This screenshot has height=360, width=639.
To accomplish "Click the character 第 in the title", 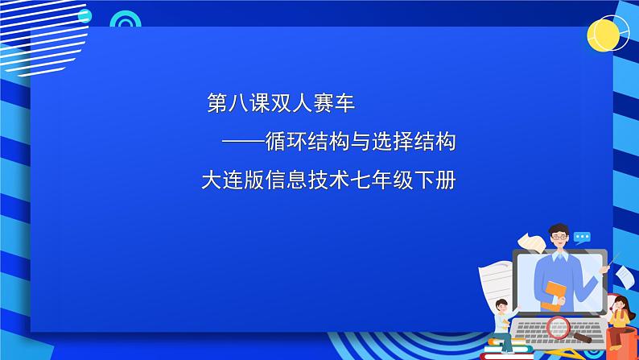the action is [216, 103].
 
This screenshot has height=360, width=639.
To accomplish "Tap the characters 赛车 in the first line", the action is [334, 103].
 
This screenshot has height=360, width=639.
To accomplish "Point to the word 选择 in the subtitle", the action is [393, 142].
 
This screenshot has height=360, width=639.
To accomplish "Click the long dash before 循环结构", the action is [243, 143].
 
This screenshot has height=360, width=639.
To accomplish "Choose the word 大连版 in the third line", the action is [233, 180].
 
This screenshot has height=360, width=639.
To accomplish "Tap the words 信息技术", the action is [307, 180].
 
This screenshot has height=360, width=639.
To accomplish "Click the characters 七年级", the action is [381, 180].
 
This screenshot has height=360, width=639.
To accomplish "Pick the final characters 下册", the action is [435, 180].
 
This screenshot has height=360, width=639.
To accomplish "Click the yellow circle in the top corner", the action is [603, 35].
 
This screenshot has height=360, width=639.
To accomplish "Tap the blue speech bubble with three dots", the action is [582, 238].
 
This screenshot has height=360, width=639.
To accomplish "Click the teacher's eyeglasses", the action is [559, 237].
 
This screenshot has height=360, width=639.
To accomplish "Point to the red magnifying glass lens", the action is [558, 327].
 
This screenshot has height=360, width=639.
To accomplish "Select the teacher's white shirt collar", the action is [560, 256].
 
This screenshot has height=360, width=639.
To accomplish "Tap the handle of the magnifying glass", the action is [582, 337].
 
